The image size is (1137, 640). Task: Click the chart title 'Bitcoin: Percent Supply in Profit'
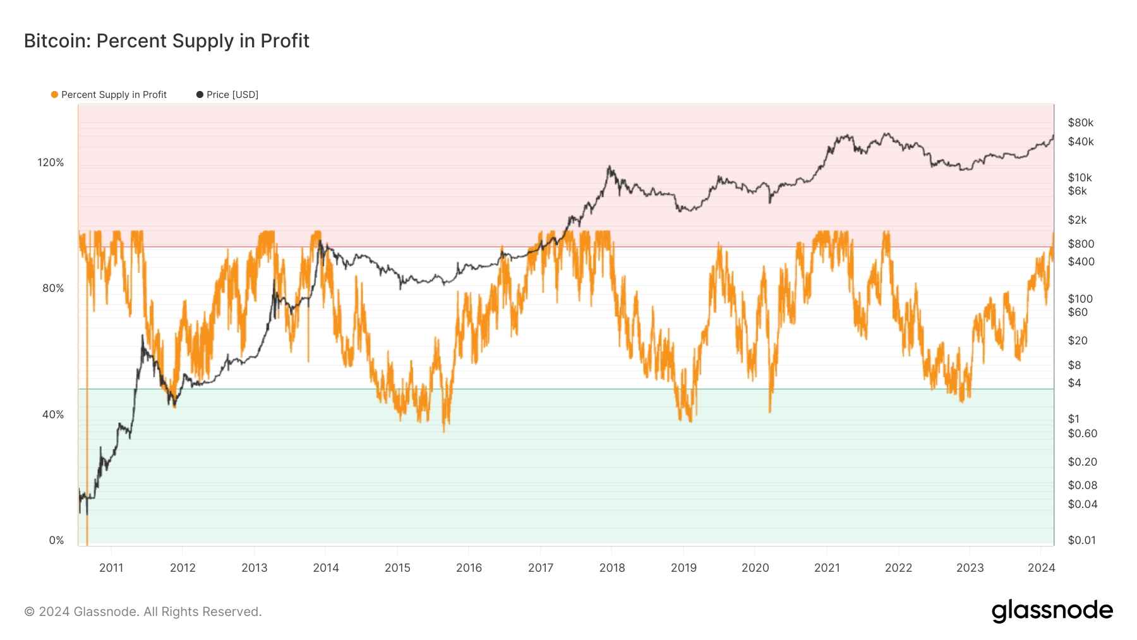(167, 41)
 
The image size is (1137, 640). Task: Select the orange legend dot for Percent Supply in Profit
(55, 95)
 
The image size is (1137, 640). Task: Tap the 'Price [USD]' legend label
(232, 95)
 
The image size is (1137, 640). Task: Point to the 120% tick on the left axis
(51, 162)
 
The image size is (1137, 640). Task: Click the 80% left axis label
(53, 288)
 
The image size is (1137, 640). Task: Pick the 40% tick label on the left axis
(53, 414)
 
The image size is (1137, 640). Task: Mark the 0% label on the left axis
(56, 540)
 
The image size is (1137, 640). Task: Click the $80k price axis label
(1080, 123)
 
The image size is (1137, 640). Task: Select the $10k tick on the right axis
(1080, 178)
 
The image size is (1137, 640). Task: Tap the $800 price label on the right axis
(1081, 244)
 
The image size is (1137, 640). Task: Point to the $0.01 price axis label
(1081, 540)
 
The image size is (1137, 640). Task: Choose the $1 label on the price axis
(1073, 419)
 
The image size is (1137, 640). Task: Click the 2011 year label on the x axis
(111, 567)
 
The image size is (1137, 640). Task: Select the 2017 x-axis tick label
(541, 567)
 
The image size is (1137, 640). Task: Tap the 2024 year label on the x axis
(1041, 567)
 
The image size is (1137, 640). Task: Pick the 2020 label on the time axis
(755, 567)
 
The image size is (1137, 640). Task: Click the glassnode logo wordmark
(1052, 611)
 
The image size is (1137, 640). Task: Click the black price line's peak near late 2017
(609, 167)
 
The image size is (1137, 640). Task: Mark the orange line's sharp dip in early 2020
(770, 411)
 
